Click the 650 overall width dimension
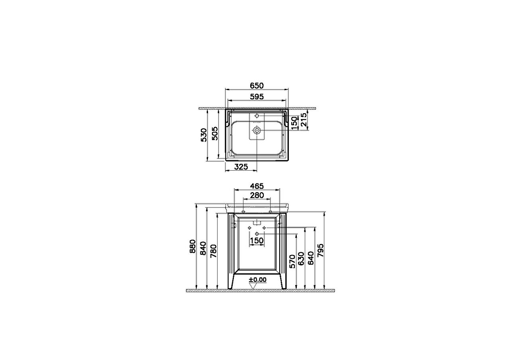click(x=257, y=86)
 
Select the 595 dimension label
click(x=257, y=96)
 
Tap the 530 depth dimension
click(x=204, y=135)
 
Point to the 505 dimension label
click(x=215, y=133)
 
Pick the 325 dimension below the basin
click(x=241, y=167)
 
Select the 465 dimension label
click(x=257, y=186)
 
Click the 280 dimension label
click(x=257, y=195)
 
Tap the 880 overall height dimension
click(x=192, y=246)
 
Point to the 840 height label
click(x=203, y=248)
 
